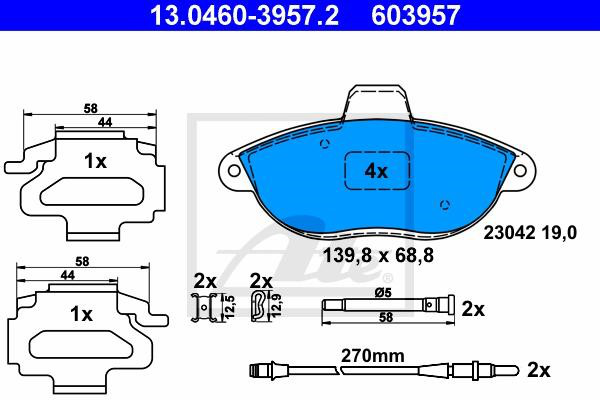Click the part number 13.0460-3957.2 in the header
(x=244, y=15)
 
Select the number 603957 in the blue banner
(x=416, y=15)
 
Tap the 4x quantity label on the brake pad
(x=376, y=171)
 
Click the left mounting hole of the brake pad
(x=234, y=170)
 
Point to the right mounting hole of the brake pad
(x=520, y=171)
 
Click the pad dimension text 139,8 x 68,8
(x=378, y=255)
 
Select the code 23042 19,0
(x=530, y=233)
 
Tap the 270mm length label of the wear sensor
(x=373, y=356)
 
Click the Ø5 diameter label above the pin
(x=383, y=293)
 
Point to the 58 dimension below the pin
(x=386, y=317)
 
